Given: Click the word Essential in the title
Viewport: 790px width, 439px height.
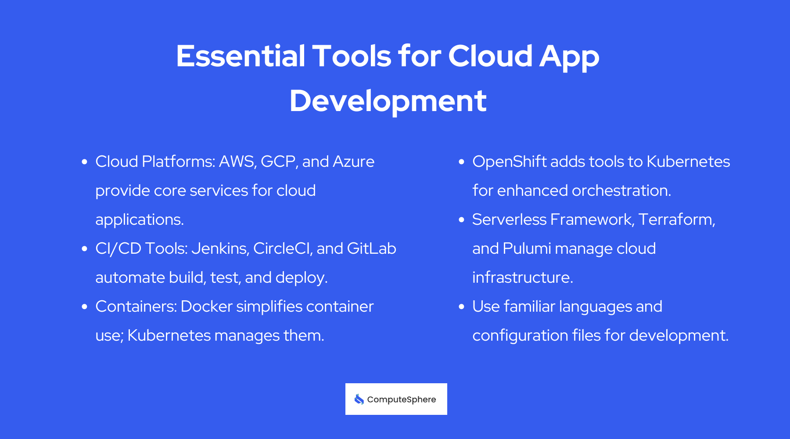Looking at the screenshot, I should pos(241,56).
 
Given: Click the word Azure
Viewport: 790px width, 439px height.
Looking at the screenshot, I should pos(353,162).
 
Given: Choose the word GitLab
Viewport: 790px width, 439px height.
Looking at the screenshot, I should pos(371,248).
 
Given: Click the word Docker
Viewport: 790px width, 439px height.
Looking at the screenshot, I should pos(203,306).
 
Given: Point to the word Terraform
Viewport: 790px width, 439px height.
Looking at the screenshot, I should pos(676,219).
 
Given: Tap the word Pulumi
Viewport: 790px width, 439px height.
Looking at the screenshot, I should pos(527,248).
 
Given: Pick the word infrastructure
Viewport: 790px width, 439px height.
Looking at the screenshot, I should pos(522,277).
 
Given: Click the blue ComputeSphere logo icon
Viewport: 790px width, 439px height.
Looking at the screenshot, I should pos(359,399).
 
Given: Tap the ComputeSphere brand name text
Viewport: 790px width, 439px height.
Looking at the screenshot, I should pos(401,399).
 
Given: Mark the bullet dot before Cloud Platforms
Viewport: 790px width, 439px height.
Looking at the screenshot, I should pos(85,162).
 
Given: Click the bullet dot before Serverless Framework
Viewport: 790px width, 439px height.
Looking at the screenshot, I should pos(461,220).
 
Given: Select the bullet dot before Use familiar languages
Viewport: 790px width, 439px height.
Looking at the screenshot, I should pos(461,307).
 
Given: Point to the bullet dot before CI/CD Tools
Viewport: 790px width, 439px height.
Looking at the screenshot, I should pos(85,249).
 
